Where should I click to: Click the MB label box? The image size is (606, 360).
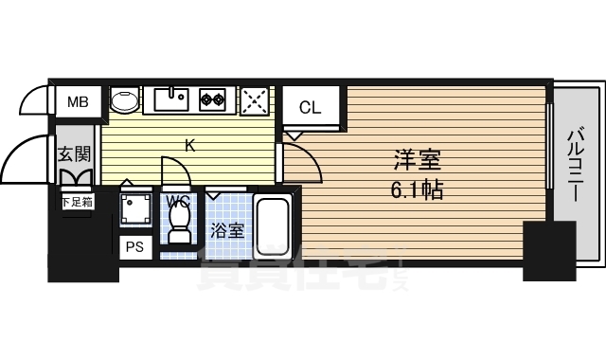[x=79, y=101]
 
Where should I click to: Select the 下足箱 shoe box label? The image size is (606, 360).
[x=77, y=201]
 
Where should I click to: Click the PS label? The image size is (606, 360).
[x=134, y=246]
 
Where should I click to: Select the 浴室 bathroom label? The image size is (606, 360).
[x=227, y=229]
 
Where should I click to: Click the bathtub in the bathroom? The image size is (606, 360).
[x=275, y=227]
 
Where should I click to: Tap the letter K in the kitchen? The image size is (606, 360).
[x=189, y=145]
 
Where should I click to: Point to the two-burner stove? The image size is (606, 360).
[x=213, y=99]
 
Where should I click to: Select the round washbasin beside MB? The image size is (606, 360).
[x=125, y=100]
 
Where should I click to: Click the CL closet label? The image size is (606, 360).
[x=311, y=107]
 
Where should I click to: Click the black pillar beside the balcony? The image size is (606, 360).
[x=549, y=250]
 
